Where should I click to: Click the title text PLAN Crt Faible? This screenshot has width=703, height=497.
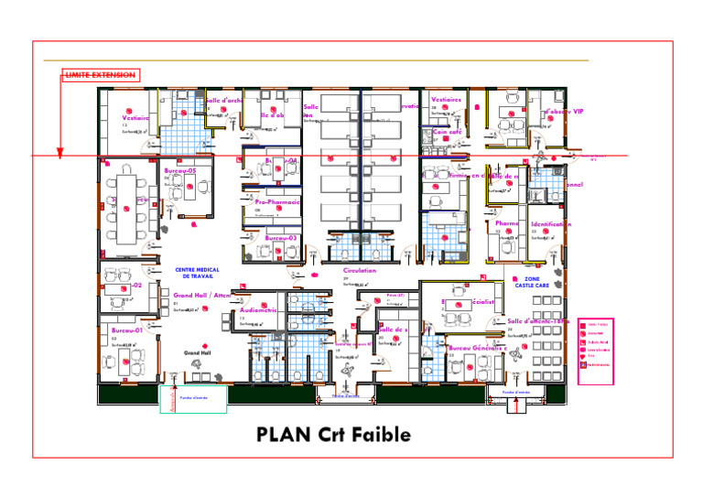point(333,434)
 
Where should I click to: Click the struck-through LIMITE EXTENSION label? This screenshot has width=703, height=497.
point(101,74)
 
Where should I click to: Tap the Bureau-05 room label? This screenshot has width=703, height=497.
point(180,171)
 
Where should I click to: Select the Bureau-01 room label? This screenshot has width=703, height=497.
point(127,330)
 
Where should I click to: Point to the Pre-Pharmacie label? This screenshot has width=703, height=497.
point(278,201)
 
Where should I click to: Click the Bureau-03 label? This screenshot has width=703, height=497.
point(281,238)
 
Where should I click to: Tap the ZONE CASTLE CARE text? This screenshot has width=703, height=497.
point(532,282)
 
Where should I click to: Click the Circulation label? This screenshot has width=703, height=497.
point(360,271)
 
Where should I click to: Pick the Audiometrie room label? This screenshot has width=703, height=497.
point(258,310)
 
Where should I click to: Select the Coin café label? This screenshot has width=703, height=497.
point(447,132)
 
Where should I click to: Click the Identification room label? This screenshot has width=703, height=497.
point(551,223)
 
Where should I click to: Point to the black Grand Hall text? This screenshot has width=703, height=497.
point(198,352)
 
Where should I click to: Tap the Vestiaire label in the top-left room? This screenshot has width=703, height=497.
point(135,117)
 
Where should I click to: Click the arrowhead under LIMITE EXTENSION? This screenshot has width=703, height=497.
point(59,154)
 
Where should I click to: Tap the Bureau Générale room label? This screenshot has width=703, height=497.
point(478,349)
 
